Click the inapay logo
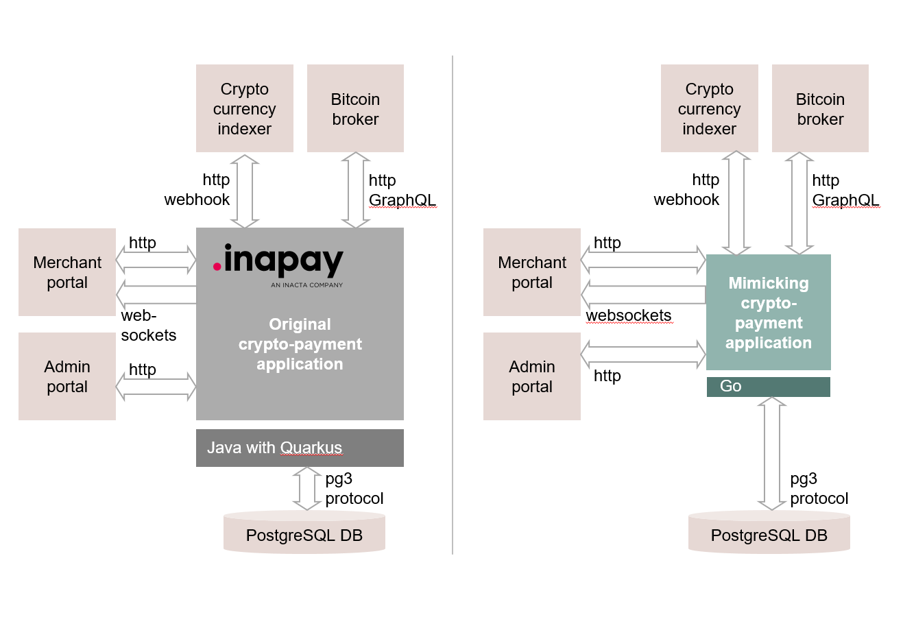pos(278,263)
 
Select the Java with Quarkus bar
pos(300,448)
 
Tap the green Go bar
pos(768,387)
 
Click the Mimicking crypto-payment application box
pos(768,313)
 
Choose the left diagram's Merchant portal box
pos(67,272)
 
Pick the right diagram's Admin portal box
pos(531,376)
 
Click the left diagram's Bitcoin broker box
pos(355,108)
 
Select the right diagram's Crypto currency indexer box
pos(709,108)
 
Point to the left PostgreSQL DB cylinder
pos(304,533)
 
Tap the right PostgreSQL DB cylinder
pos(769,533)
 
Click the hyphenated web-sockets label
pos(148,326)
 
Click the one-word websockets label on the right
pos(628,316)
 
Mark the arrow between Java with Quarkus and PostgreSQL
pos(306,489)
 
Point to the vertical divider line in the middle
pos(453,305)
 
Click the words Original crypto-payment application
pos(300,344)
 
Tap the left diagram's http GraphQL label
pos(401,190)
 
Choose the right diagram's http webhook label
pos(686,190)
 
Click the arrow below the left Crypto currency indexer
pos(245,191)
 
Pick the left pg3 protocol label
pos(353,489)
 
